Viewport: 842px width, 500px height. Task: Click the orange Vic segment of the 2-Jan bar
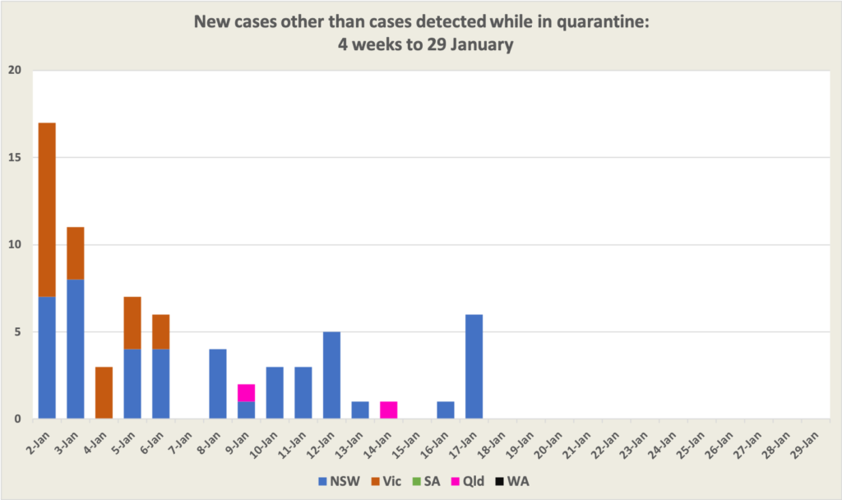[47, 210]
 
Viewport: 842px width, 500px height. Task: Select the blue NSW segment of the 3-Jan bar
[76, 350]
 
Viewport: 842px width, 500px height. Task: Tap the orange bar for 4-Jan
[104, 393]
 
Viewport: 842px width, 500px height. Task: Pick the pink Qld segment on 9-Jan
[247, 393]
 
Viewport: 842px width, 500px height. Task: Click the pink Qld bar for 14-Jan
[389, 410]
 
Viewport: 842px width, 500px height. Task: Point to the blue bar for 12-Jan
[332, 376]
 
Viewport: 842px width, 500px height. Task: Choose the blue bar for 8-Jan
[218, 384]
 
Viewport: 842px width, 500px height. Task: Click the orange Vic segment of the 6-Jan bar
[161, 332]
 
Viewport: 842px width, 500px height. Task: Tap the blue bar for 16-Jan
[446, 410]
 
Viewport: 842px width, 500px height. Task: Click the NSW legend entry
[340, 479]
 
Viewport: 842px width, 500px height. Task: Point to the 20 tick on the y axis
[14, 71]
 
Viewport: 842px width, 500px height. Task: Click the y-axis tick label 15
[14, 158]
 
